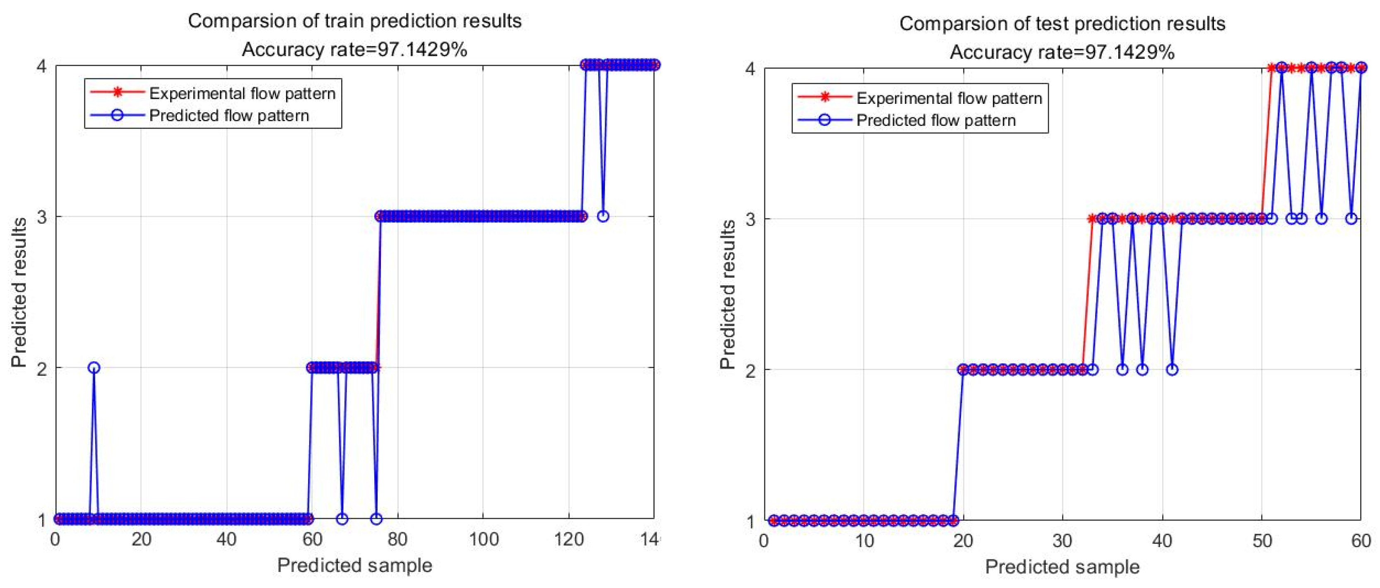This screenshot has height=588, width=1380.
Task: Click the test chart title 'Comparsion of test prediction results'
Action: (x=1062, y=24)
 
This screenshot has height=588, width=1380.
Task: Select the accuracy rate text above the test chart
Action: (x=1062, y=53)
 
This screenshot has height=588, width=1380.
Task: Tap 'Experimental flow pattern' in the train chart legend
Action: (x=242, y=94)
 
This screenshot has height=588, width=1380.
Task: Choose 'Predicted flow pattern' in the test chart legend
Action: (x=936, y=120)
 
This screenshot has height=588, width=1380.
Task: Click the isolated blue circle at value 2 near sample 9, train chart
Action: (x=94, y=367)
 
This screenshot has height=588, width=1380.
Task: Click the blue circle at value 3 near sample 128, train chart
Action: (x=603, y=216)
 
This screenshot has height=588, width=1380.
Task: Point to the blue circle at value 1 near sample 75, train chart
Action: (x=377, y=518)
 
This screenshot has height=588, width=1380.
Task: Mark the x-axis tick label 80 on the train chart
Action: (x=397, y=539)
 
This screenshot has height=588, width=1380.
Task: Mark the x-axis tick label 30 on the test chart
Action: (x=1062, y=541)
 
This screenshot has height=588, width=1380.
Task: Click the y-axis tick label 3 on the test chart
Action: (x=751, y=219)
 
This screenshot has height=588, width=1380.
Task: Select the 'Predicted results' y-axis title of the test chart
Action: (x=727, y=295)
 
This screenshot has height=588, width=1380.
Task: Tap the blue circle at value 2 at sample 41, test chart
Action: (x=1172, y=370)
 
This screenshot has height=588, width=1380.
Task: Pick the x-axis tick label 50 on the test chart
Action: (x=1262, y=541)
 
